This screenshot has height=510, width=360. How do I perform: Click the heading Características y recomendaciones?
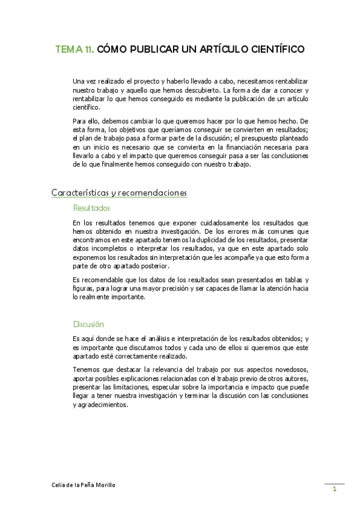tap(119, 192)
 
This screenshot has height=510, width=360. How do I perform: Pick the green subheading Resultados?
tap(91, 208)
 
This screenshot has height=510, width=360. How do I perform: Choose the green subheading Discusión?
tap(88, 324)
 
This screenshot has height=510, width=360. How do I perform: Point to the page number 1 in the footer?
tap(334, 490)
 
